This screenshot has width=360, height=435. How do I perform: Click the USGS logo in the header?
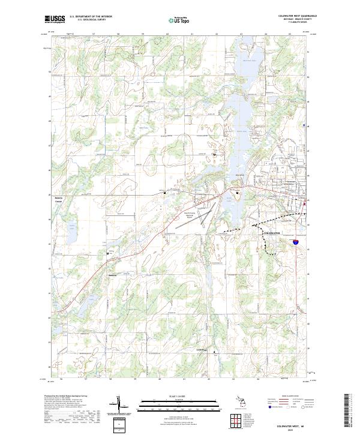coord(55,19)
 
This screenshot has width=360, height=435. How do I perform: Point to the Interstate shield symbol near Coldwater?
coord(296,242)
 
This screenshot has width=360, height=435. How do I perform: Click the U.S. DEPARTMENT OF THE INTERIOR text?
coord(91,16)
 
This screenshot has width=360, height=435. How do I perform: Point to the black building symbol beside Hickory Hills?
coord(108,254)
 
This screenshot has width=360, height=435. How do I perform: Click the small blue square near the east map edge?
coord(305,125)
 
